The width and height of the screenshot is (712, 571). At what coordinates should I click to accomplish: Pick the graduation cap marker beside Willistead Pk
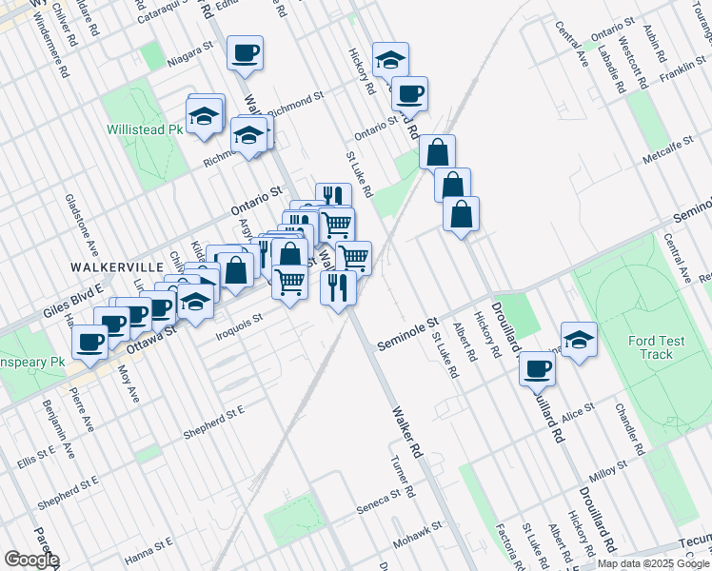tap(203, 117)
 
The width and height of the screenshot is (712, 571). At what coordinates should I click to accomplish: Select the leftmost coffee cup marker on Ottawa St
tap(91, 342)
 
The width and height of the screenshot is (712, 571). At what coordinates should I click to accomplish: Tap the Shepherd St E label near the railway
tap(215, 409)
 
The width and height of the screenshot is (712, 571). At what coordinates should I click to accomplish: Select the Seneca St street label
tap(382, 499)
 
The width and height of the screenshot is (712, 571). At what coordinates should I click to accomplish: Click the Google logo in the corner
tap(31, 560)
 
